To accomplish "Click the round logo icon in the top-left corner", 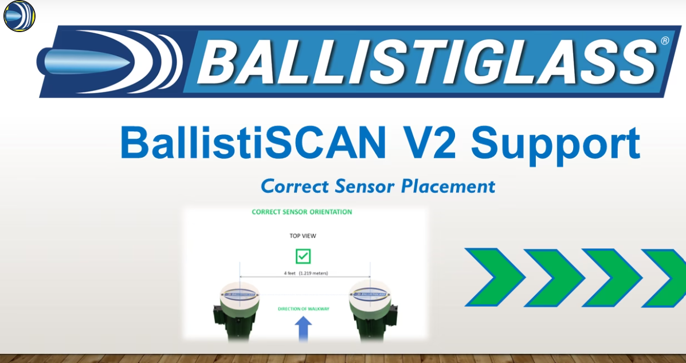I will point(19,16).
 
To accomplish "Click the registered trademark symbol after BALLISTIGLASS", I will point(664,41).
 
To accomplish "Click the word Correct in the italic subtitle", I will point(295,186).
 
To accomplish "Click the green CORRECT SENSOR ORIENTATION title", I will point(302,212).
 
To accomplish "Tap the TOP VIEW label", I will point(303,236).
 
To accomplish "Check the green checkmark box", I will point(303,256).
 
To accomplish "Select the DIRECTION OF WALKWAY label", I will point(304,309).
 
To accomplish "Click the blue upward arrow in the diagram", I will point(303,329).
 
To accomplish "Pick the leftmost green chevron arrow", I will point(494,278).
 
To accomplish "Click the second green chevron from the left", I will point(554,278).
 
